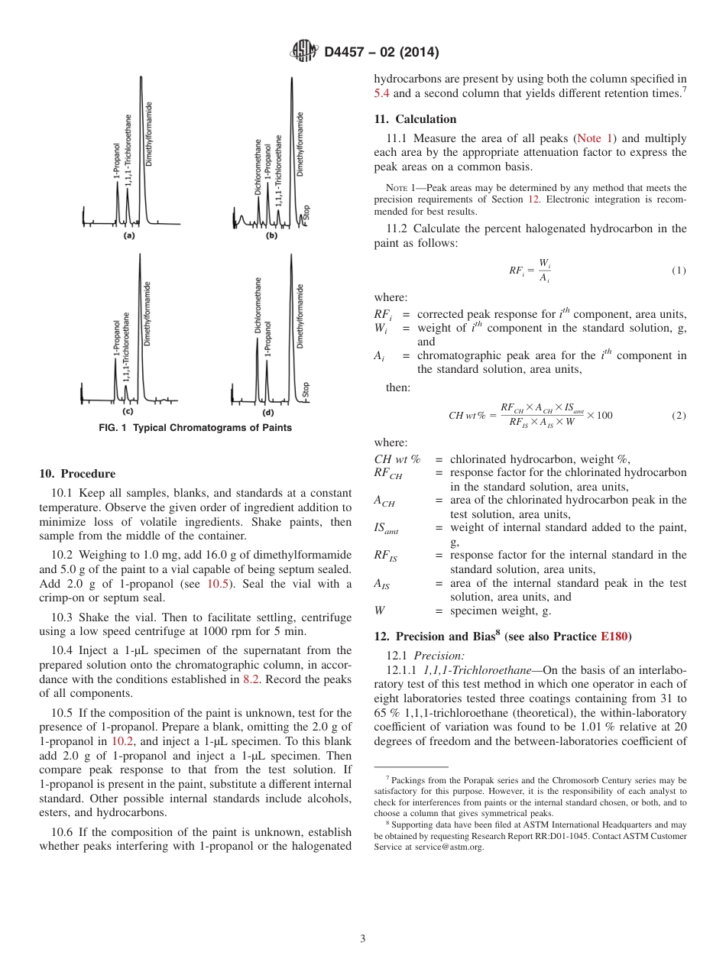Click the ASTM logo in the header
click(x=304, y=52)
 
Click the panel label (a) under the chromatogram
click(x=129, y=236)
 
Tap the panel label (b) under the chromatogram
click(x=271, y=236)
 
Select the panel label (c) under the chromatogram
click(x=128, y=412)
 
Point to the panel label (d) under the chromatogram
click(x=268, y=412)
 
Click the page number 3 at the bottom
click(x=363, y=938)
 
